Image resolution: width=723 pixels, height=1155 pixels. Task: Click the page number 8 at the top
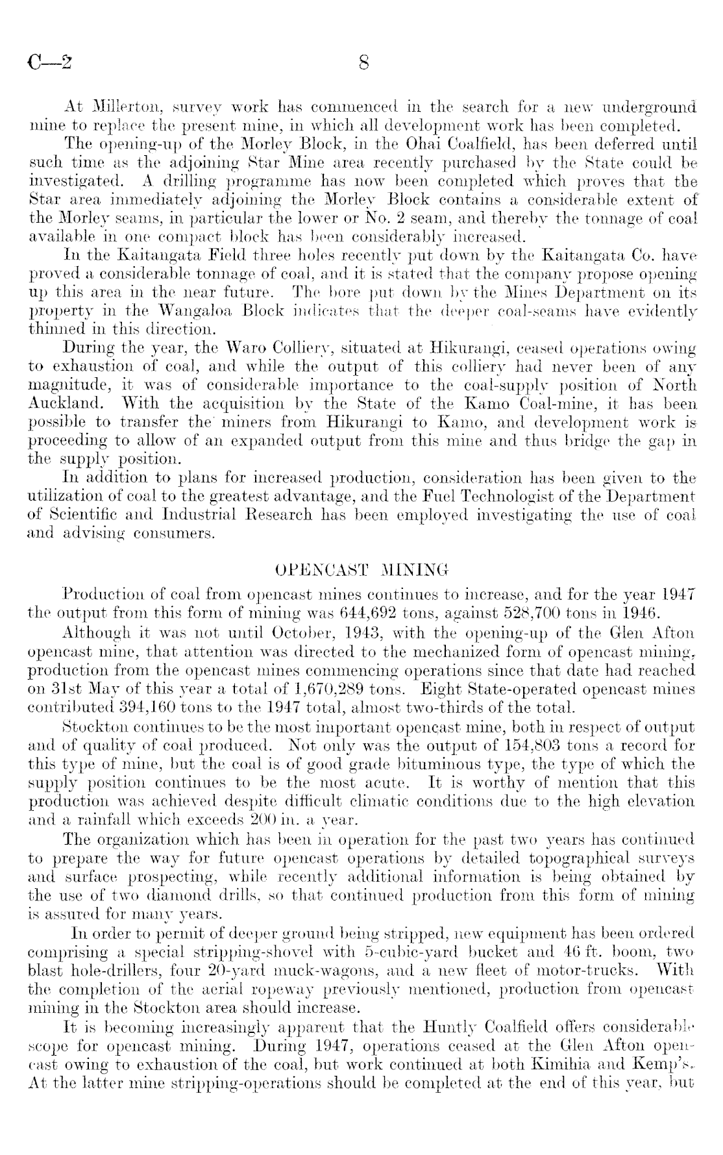point(363,63)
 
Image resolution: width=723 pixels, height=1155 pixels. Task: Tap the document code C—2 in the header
point(50,63)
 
